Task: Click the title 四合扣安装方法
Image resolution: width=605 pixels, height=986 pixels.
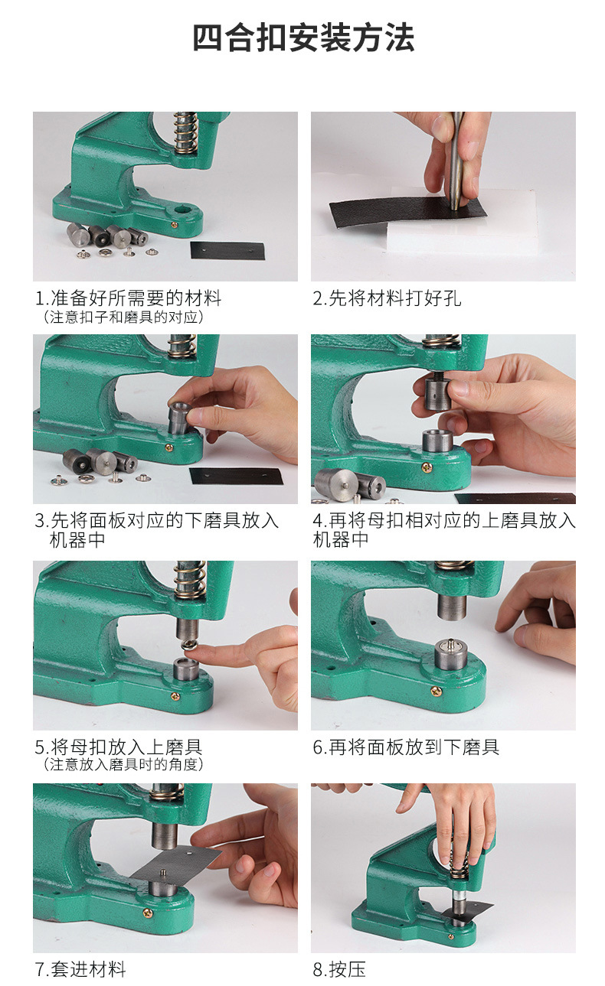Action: tap(303, 37)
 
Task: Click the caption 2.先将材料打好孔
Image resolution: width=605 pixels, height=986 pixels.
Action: tap(387, 298)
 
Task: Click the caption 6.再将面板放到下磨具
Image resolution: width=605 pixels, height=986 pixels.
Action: tap(406, 747)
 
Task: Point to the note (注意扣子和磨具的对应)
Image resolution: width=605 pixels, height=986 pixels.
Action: tap(123, 317)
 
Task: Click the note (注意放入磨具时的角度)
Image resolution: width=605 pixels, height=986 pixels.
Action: tap(123, 765)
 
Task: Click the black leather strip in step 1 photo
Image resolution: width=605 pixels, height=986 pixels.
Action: tap(227, 250)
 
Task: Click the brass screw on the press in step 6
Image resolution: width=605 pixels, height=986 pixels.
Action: tap(436, 691)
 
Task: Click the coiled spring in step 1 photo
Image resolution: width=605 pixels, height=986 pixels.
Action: tap(185, 132)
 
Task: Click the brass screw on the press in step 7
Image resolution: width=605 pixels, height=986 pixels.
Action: tap(147, 913)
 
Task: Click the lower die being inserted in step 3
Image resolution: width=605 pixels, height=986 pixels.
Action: tap(179, 418)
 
